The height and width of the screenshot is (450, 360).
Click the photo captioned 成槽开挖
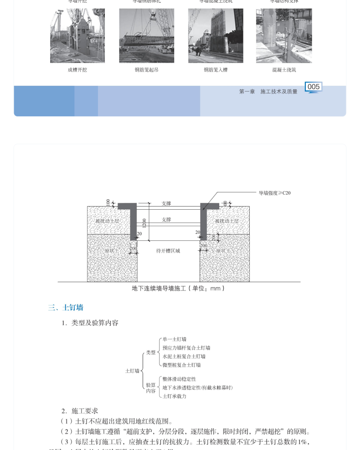[77, 36]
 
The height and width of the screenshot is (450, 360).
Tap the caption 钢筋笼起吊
[146, 70]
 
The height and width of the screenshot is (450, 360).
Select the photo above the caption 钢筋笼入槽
[216, 36]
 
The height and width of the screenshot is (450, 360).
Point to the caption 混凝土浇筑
[284, 70]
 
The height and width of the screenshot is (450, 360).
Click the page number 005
[314, 87]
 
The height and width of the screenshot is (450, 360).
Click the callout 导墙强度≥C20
[274, 193]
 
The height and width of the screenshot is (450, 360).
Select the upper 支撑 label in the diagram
[166, 203]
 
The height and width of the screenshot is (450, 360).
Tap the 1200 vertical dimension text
[144, 223]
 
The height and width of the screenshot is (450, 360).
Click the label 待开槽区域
[168, 251]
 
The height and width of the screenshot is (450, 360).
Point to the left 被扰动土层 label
[107, 221]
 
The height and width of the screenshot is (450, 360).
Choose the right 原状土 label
[223, 251]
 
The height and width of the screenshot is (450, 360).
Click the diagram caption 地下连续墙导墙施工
[178, 288]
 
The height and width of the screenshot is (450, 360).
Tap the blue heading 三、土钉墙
[66, 308]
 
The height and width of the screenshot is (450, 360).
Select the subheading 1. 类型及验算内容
[90, 323]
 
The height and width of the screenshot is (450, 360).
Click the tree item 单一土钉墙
[174, 339]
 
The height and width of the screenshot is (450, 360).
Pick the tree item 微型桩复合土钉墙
[181, 365]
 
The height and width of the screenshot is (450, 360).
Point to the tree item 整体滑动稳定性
[179, 379]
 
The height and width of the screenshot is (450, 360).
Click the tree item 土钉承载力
[174, 396]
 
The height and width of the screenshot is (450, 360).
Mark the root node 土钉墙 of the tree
[132, 371]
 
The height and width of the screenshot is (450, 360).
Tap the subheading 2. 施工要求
[80, 411]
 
